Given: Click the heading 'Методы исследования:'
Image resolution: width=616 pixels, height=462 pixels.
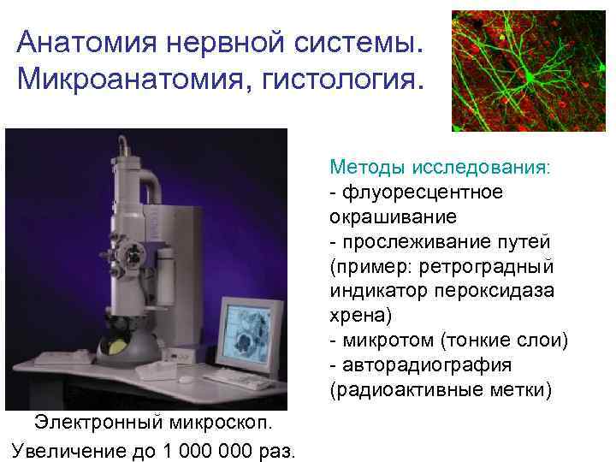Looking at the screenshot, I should coord(441,167).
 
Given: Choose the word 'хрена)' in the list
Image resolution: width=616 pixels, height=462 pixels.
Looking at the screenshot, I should coord(360,316).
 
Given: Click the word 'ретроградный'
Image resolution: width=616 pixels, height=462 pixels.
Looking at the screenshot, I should coord(501,266).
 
